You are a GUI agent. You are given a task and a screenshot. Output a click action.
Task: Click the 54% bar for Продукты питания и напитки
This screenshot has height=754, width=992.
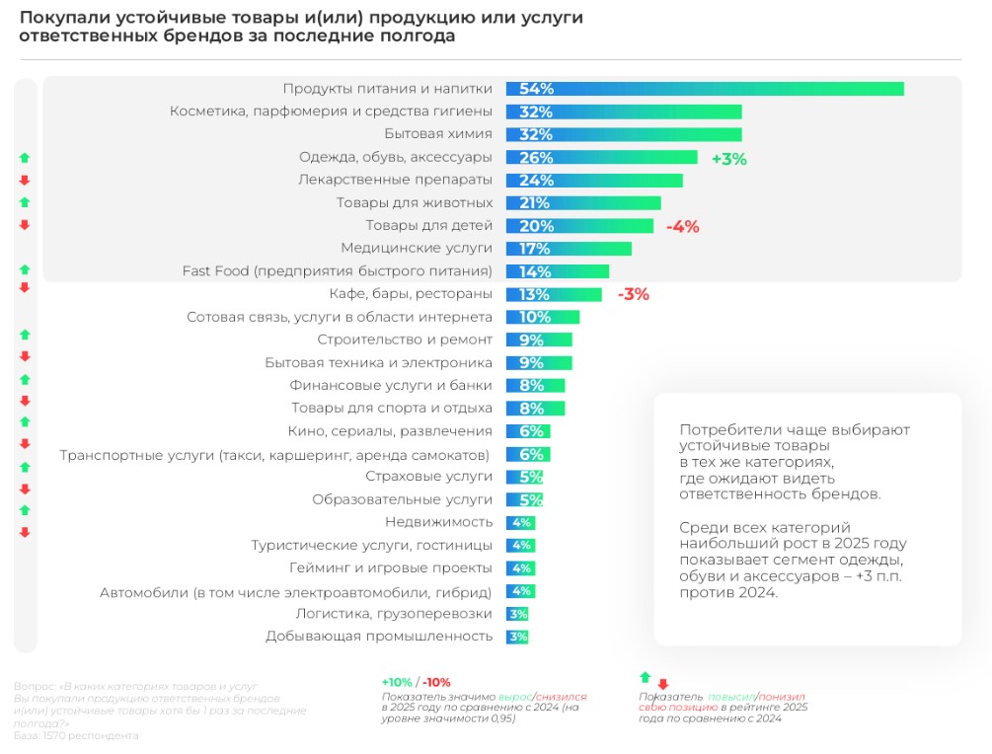(705, 89)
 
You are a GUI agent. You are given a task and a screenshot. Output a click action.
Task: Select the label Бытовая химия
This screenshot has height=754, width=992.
(437, 134)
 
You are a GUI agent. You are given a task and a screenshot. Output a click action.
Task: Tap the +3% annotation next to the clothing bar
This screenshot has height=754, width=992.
(728, 158)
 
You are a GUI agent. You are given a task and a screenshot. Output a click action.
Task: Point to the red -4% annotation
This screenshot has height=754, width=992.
(682, 226)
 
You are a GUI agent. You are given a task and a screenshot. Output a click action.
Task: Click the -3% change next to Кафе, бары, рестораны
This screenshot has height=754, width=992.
(633, 294)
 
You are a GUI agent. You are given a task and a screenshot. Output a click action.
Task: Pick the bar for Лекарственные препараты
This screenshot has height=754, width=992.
(594, 181)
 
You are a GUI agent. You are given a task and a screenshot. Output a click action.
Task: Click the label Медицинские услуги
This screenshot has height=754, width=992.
(416, 249)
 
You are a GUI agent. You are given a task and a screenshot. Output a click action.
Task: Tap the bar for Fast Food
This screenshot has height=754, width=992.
(558, 271)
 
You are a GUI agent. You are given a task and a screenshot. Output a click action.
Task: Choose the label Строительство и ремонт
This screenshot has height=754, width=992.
(405, 339)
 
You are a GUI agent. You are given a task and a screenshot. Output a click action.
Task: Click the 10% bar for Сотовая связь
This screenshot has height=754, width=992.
(543, 317)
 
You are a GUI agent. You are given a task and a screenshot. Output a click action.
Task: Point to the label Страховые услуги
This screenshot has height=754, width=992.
(428, 477)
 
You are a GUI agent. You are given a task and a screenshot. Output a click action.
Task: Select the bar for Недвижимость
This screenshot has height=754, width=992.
(520, 522)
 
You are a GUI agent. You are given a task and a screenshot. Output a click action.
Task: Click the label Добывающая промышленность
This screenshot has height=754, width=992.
(379, 637)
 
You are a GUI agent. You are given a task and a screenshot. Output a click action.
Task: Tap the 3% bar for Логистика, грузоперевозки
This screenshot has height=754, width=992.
(518, 614)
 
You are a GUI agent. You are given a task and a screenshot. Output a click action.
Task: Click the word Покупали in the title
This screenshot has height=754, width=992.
(62, 19)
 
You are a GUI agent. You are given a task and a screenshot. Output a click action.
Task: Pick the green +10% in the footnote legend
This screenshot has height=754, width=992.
(396, 682)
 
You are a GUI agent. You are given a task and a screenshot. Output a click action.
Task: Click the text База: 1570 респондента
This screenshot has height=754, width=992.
(76, 735)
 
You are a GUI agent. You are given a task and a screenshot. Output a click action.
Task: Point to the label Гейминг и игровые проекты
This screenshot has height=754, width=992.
(391, 568)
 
